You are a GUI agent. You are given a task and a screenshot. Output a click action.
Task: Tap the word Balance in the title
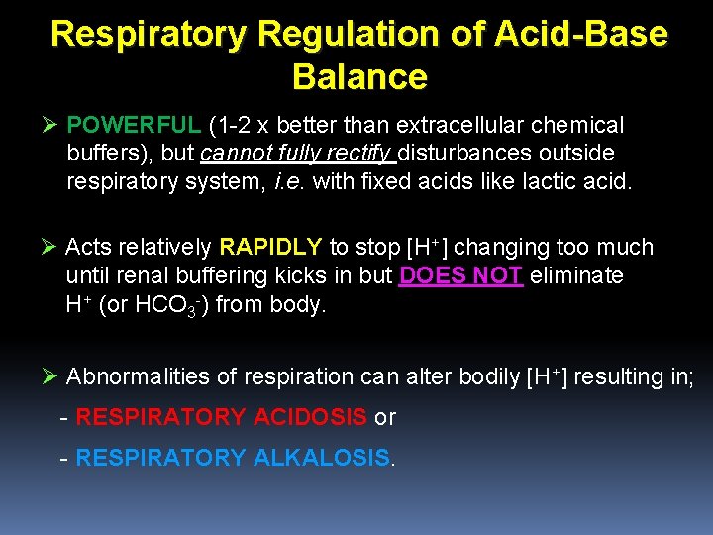tap(360, 76)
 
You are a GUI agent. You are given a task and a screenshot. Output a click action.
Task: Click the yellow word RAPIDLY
tap(271, 247)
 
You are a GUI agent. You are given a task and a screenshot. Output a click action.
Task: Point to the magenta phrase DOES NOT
tap(460, 275)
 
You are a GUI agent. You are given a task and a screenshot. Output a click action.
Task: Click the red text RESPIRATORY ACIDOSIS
tap(221, 417)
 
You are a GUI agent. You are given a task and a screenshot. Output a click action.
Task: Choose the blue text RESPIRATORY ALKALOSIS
tap(233, 458)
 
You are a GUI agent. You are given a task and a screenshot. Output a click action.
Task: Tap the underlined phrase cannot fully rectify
tap(297, 154)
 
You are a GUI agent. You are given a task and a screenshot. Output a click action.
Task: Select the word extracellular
tap(459, 126)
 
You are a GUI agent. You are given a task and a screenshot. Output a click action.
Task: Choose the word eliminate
tap(576, 275)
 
